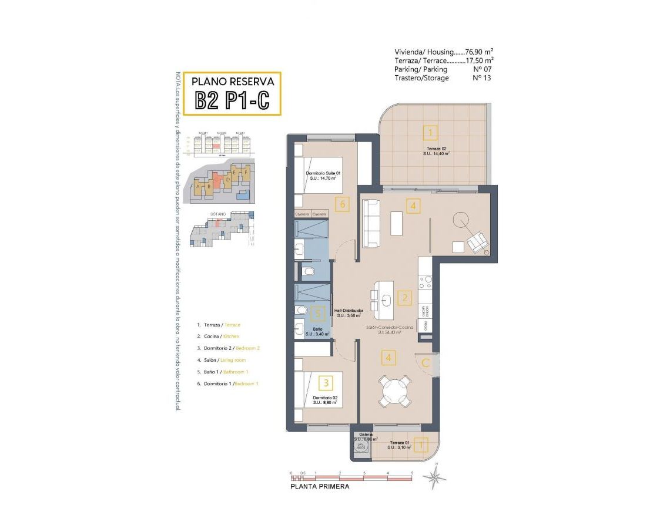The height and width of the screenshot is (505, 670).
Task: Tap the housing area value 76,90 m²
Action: (479, 52)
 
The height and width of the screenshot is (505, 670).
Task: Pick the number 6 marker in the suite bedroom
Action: (341, 204)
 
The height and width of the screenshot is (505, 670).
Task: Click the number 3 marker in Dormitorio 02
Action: (326, 383)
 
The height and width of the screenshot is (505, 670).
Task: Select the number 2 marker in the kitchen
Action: (404, 298)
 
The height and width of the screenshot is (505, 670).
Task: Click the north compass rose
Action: (434, 477)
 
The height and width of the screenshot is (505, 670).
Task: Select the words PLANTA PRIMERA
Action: (320, 486)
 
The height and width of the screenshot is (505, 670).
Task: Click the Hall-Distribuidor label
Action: (349, 310)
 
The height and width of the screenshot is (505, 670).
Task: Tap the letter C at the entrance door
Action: (426, 362)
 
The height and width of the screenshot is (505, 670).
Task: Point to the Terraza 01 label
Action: (400, 443)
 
